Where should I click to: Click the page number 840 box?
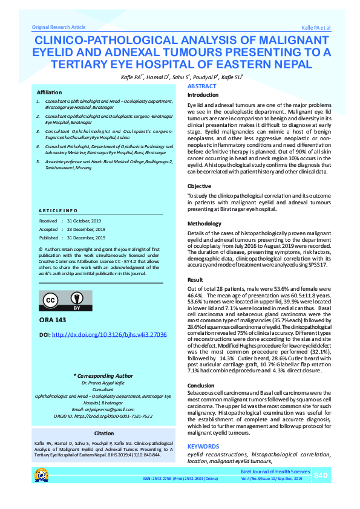tap(321, 476)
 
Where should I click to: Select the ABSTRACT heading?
tap(202, 87)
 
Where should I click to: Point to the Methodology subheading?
tap(205, 224)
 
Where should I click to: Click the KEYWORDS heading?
tap(203, 446)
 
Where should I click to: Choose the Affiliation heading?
tap(49, 92)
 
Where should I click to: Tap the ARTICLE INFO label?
tap(58, 210)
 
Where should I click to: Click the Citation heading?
tap(104, 433)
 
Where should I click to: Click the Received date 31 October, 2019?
tap(86, 221)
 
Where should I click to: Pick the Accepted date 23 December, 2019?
tap(86, 230)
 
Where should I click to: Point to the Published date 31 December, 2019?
tap(86, 238)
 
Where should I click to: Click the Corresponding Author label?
tap(103, 375)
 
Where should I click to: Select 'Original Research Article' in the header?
tap(59, 28)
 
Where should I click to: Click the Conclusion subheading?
tap(201, 385)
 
